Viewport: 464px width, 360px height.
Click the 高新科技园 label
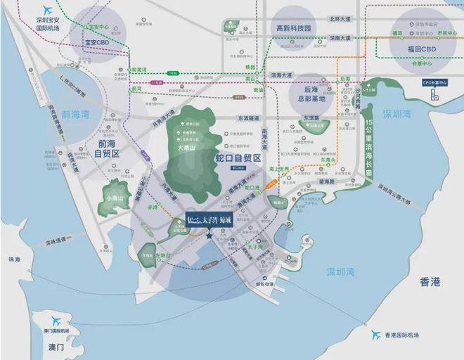point(292,28)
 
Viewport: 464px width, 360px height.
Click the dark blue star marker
point(210,236)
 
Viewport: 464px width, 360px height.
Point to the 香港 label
point(430,281)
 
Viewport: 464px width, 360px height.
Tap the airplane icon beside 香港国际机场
point(376,335)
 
